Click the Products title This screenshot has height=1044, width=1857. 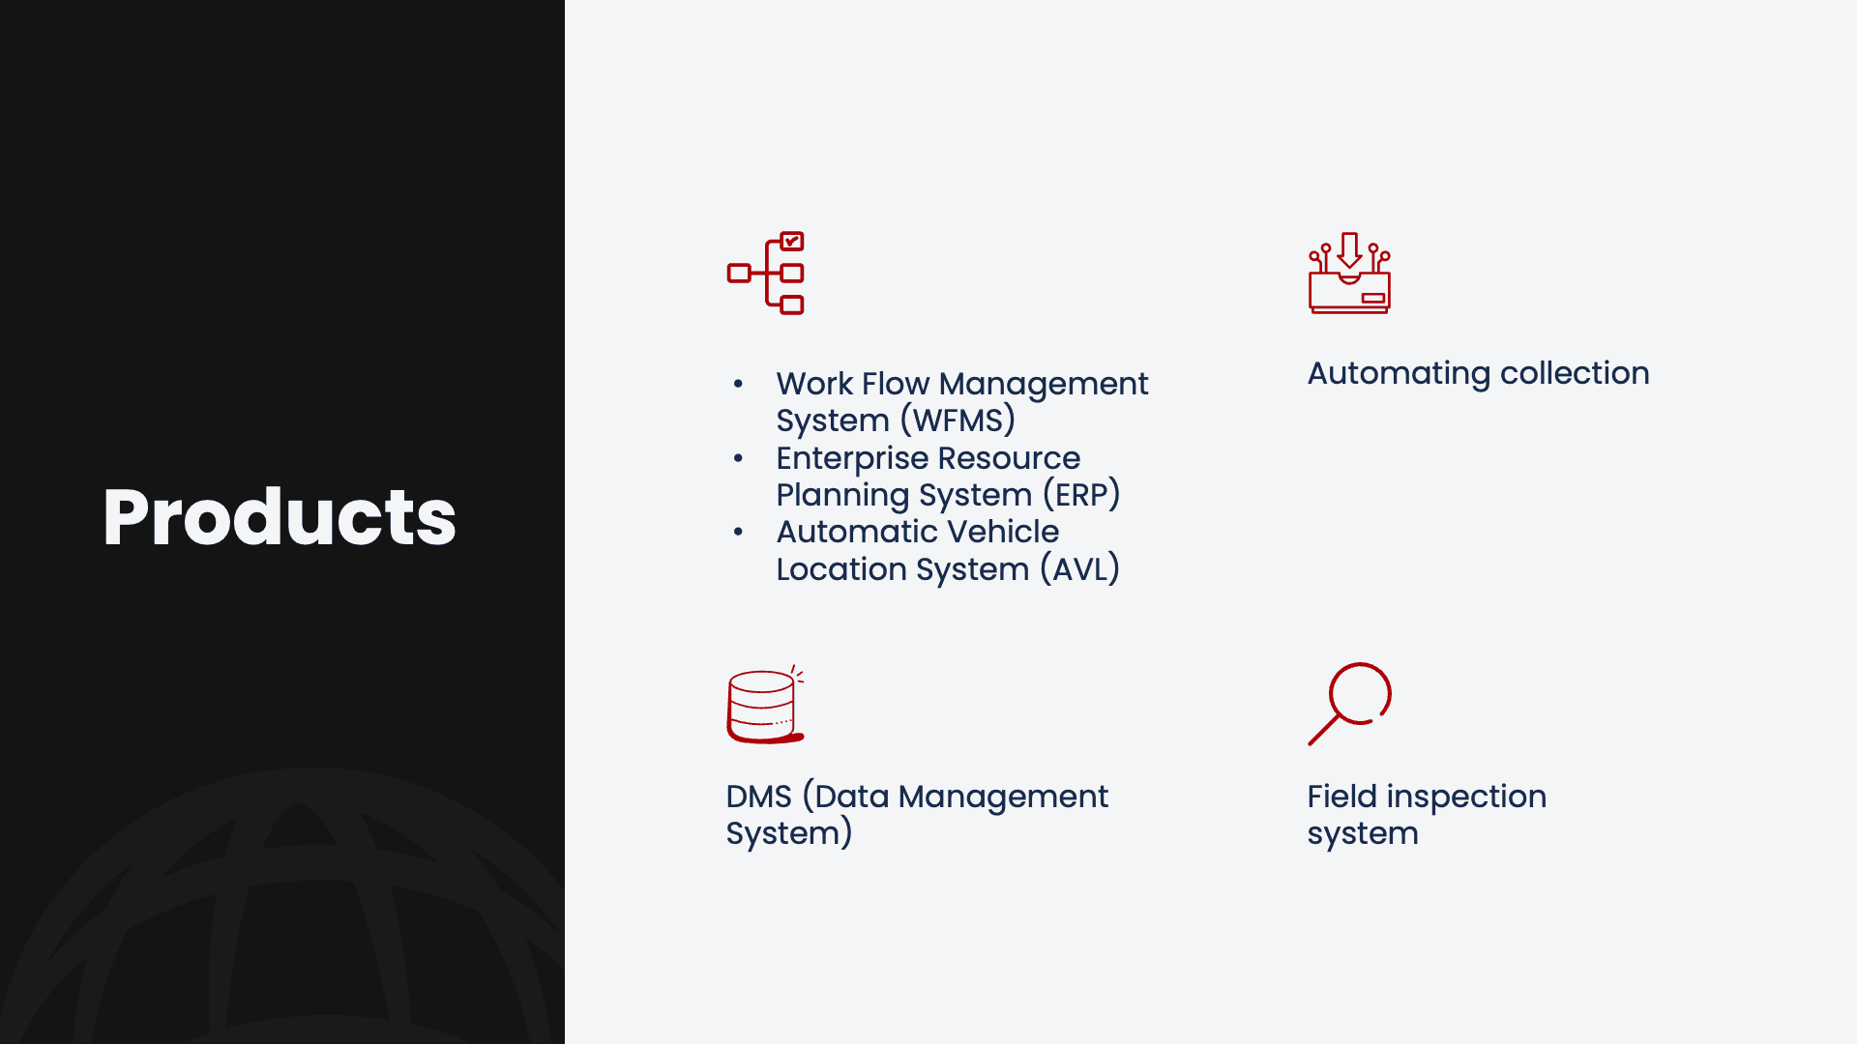[x=280, y=517]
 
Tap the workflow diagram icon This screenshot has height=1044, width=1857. [x=766, y=274]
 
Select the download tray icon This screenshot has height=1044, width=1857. [x=1349, y=273]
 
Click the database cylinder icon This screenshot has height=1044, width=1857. [x=765, y=705]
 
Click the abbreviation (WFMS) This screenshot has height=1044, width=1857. [x=958, y=420]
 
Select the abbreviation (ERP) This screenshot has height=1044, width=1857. [x=1081, y=495]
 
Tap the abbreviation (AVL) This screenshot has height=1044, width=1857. [x=1079, y=569]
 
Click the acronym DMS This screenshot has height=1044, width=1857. [x=759, y=797]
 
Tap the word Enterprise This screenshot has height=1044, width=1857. [x=852, y=458]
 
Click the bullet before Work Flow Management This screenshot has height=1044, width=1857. [x=738, y=385]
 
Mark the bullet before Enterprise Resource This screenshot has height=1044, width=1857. [x=738, y=458]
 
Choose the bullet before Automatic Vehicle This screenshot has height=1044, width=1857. [x=738, y=532]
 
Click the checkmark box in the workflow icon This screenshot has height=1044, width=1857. [x=792, y=241]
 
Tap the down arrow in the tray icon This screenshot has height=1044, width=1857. [x=1350, y=250]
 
